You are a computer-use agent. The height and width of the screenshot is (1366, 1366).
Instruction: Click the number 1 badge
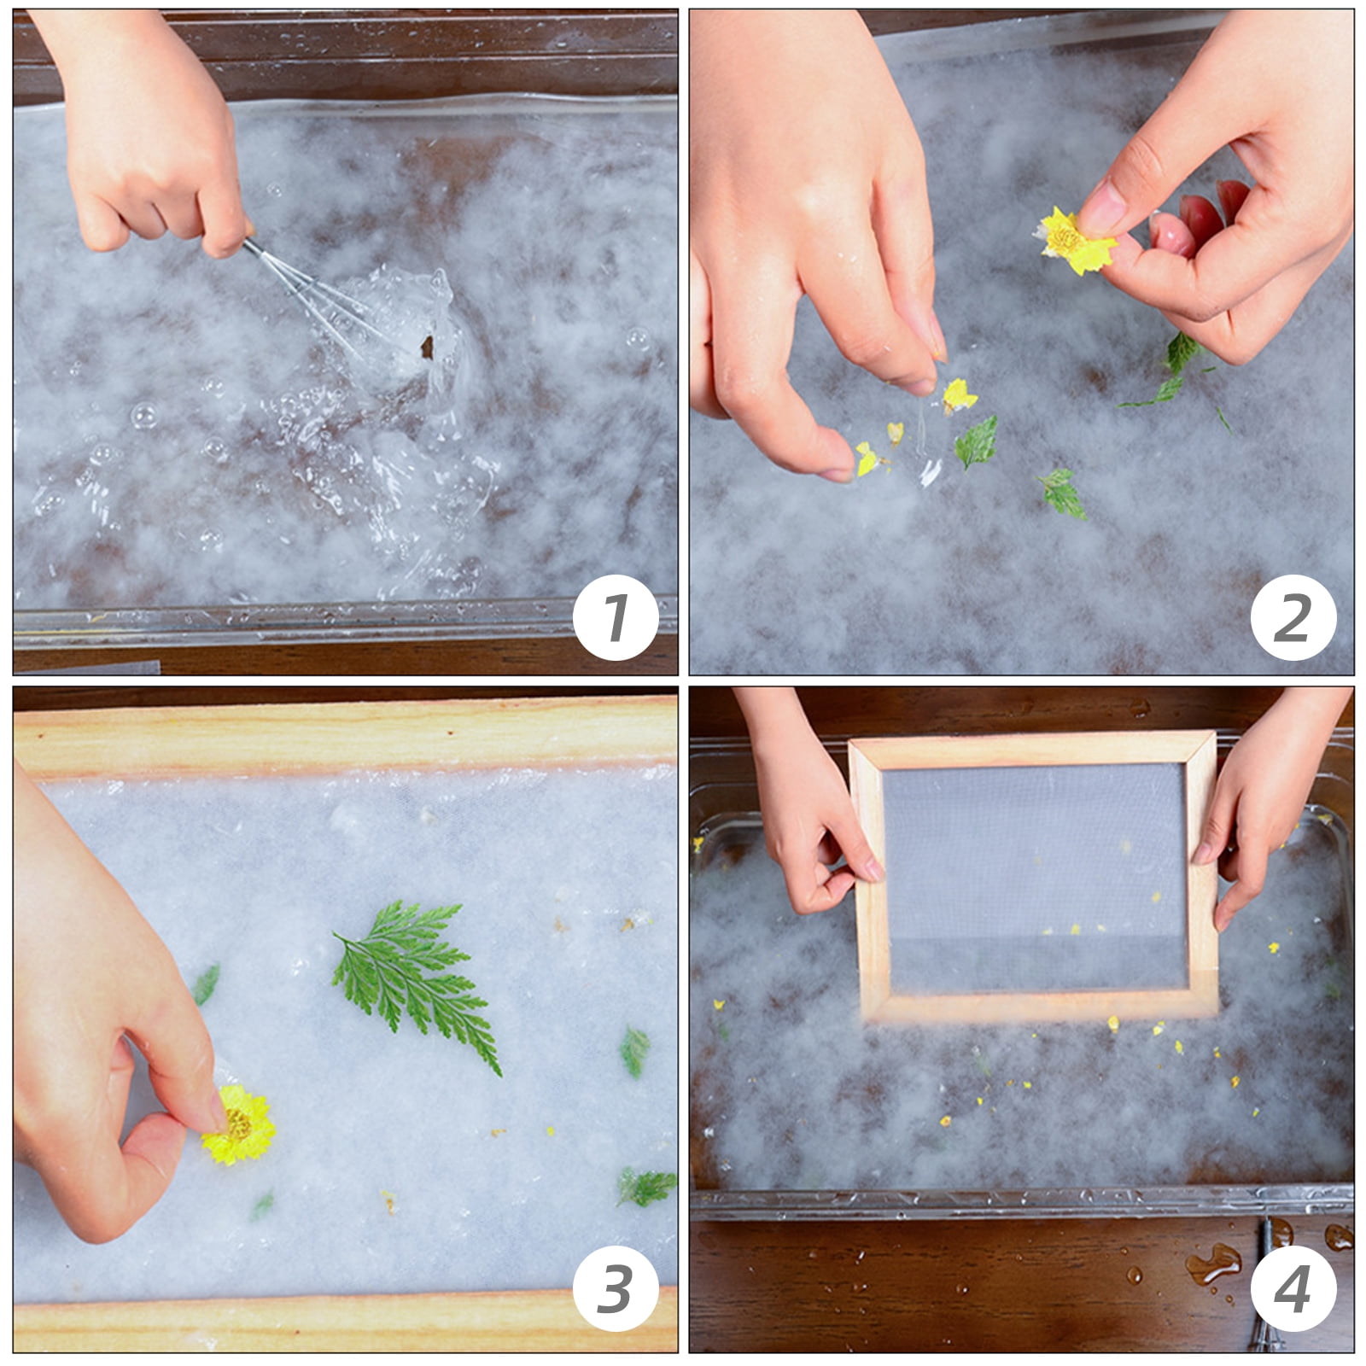[616, 617]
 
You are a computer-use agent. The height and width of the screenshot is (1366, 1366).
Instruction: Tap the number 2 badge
[1293, 617]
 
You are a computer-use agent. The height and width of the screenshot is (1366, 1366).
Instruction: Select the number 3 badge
[616, 1288]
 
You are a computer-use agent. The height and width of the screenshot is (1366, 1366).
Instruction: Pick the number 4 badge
[1293, 1288]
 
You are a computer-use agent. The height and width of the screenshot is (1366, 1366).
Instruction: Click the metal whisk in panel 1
[333, 307]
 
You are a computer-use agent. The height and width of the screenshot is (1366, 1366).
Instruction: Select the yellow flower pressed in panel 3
[240, 1124]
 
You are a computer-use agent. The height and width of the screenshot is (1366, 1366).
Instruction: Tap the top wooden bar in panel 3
[345, 734]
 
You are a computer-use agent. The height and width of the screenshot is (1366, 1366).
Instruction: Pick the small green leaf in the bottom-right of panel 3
[646, 1187]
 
